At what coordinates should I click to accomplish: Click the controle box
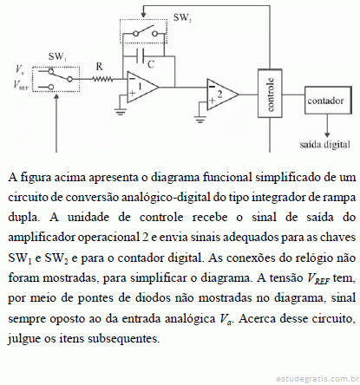click(270, 93)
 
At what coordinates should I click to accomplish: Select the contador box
click(328, 101)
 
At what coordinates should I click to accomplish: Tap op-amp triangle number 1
click(143, 87)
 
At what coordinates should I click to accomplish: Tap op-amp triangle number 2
click(222, 95)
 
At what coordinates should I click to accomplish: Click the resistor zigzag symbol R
click(102, 79)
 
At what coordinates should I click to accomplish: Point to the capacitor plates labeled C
click(141, 55)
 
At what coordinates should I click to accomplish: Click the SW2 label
click(182, 17)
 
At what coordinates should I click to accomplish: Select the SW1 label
click(57, 56)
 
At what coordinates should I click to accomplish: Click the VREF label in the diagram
click(21, 84)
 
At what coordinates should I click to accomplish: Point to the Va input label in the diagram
click(20, 69)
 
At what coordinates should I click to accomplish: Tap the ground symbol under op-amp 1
click(121, 111)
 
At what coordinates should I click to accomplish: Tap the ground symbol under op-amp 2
click(200, 119)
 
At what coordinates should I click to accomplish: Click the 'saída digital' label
click(324, 144)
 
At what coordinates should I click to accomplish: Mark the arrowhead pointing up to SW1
click(56, 95)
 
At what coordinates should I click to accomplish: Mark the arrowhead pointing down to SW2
click(143, 15)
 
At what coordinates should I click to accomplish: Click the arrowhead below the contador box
click(327, 134)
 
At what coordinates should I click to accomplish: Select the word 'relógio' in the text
click(301, 258)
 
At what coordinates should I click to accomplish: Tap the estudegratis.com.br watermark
click(317, 378)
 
